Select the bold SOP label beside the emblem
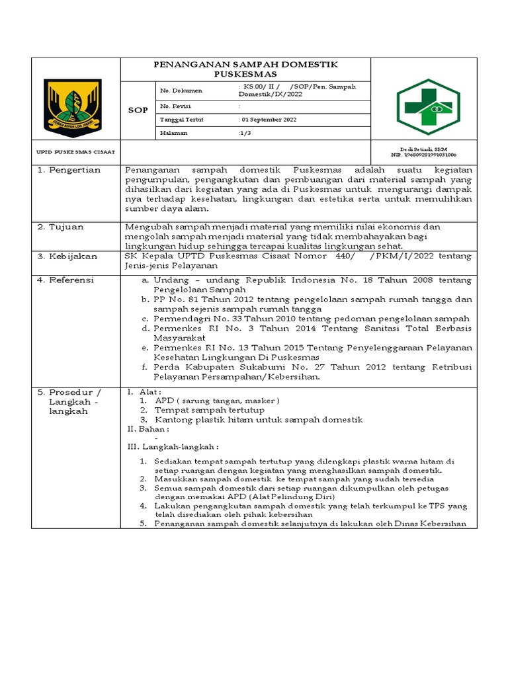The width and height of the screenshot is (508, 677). [x=137, y=110]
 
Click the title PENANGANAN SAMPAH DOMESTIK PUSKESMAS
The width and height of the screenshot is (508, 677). [x=245, y=69]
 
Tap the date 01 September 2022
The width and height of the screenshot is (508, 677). [x=268, y=120]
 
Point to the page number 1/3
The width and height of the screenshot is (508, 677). [x=245, y=133]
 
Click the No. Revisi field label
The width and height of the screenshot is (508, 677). [x=173, y=106]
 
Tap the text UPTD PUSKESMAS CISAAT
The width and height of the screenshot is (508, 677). [x=75, y=152]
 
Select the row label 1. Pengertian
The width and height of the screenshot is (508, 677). [x=69, y=170]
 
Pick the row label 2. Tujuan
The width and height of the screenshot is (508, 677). [x=61, y=227]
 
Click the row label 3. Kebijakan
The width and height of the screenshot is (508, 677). [x=67, y=256]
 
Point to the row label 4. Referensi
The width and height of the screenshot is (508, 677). [x=66, y=280]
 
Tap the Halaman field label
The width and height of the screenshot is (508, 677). [x=175, y=133]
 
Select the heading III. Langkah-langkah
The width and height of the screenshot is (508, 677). [x=173, y=447]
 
